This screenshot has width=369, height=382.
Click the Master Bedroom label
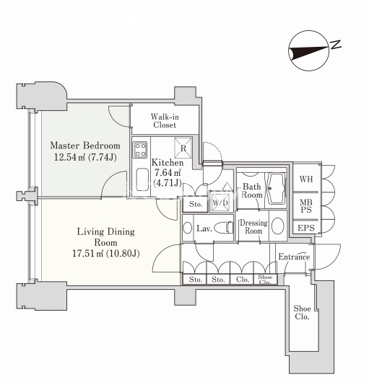tap(85, 146)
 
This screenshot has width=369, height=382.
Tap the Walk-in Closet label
tap(165, 120)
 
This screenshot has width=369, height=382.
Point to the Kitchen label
tap(168, 162)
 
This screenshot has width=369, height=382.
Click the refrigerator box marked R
tap(183, 148)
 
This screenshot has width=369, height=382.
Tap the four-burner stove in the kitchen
tap(140, 150)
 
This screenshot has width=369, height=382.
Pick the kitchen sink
tap(142, 179)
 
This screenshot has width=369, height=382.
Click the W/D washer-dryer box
tap(220, 203)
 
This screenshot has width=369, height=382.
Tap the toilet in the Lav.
tap(224, 228)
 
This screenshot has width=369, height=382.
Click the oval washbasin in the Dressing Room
tap(278, 226)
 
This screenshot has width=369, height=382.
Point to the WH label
tap(306, 179)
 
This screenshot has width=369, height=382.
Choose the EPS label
tap(306, 228)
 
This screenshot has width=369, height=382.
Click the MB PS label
tap(306, 206)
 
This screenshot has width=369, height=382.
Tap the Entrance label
tap(294, 257)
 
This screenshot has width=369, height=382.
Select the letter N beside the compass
tap(336, 45)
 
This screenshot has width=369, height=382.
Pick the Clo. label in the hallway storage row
tap(243, 279)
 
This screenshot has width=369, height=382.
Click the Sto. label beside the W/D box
tap(196, 204)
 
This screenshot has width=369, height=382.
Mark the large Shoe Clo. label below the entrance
tap(302, 312)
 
